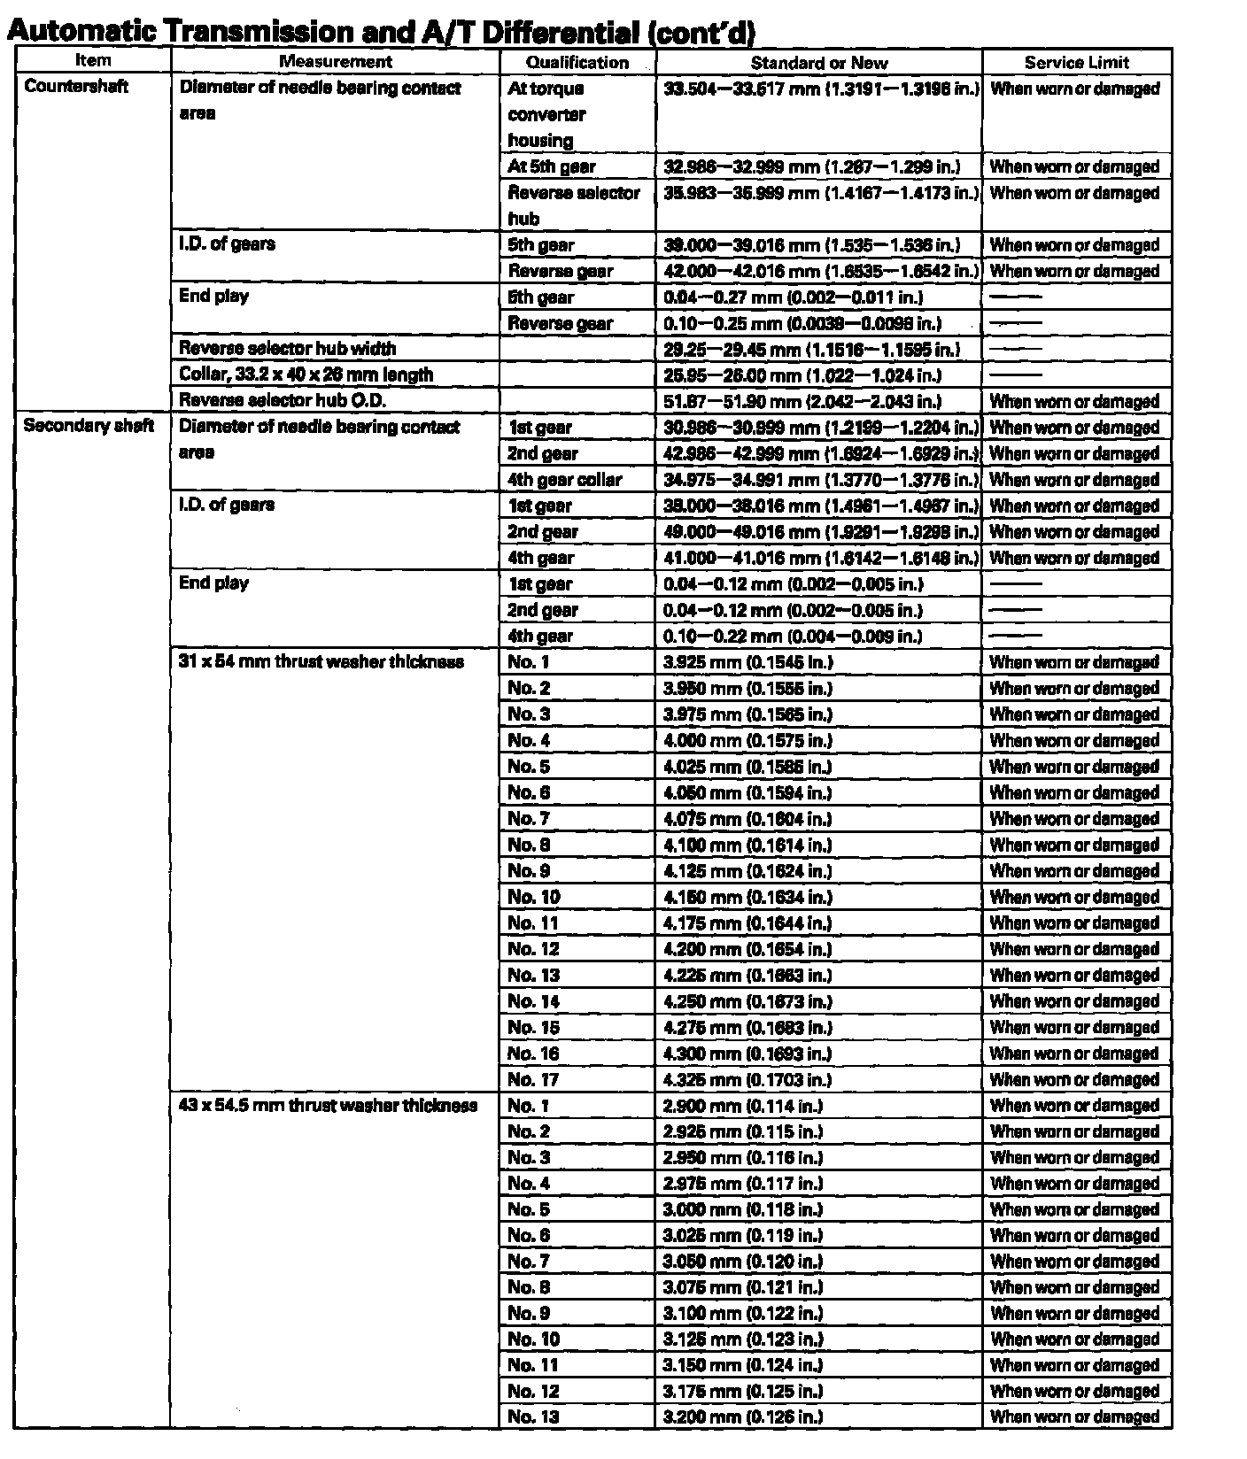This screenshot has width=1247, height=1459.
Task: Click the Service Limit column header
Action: (1076, 62)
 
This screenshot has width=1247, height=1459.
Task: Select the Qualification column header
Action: (577, 62)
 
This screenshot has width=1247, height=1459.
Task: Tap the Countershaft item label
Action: (76, 87)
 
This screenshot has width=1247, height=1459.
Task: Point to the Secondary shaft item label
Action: (89, 426)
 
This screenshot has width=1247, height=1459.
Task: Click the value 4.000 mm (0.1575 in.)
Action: (748, 740)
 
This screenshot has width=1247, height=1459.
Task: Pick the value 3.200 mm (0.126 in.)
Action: (743, 1417)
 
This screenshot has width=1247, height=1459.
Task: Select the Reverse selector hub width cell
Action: (288, 349)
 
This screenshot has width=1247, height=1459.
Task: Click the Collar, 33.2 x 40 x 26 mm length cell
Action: (306, 374)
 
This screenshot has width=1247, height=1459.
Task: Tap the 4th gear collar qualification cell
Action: (565, 479)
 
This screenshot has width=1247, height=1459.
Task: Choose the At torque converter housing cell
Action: (546, 114)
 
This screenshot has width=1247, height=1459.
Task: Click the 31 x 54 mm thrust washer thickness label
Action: (321, 661)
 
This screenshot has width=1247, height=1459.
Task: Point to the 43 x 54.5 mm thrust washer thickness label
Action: (329, 1105)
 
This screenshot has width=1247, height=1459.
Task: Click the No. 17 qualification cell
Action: (533, 1079)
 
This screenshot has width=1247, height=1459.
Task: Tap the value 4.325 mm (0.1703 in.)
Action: (748, 1079)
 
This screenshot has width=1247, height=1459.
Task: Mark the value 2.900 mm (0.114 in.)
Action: (743, 1105)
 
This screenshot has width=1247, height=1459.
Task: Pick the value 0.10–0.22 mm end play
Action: (793, 636)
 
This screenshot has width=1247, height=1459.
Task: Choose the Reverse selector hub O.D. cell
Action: (283, 400)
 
